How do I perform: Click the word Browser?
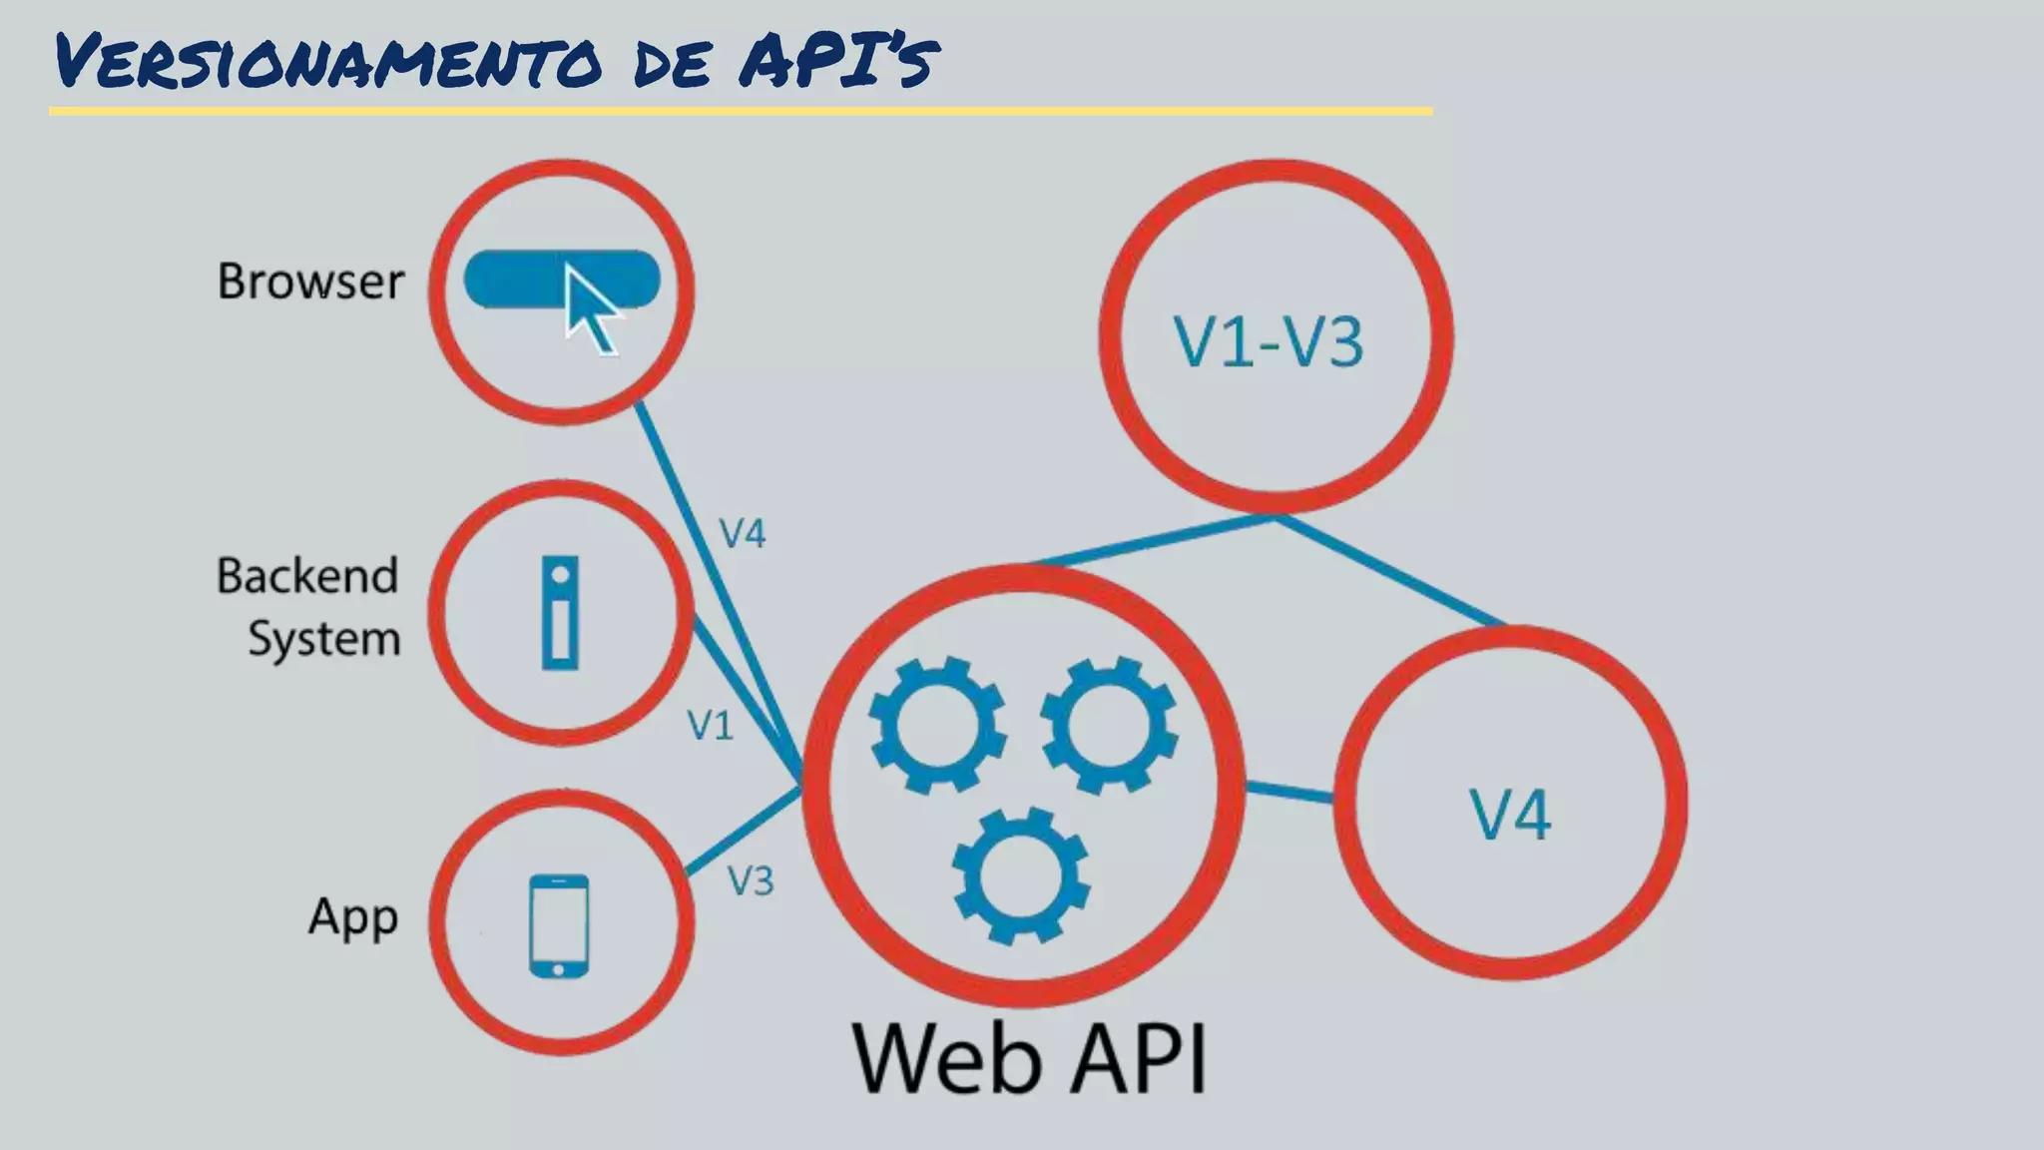click(x=310, y=282)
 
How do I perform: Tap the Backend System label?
click(x=308, y=607)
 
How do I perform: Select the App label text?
click(x=353, y=917)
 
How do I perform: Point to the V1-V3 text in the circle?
click(x=1269, y=342)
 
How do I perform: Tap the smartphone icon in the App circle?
click(x=558, y=925)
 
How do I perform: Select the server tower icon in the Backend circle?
click(x=560, y=613)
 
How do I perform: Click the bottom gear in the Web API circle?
click(x=1021, y=875)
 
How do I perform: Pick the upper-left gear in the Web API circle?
click(x=936, y=725)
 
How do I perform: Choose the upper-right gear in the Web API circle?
click(x=1108, y=725)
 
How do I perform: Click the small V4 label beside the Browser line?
click(x=743, y=534)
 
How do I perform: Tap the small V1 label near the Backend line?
click(x=711, y=726)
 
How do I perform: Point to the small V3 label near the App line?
click(x=751, y=881)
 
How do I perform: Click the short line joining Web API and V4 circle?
click(x=1288, y=792)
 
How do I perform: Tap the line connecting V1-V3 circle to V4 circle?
click(x=1391, y=570)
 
